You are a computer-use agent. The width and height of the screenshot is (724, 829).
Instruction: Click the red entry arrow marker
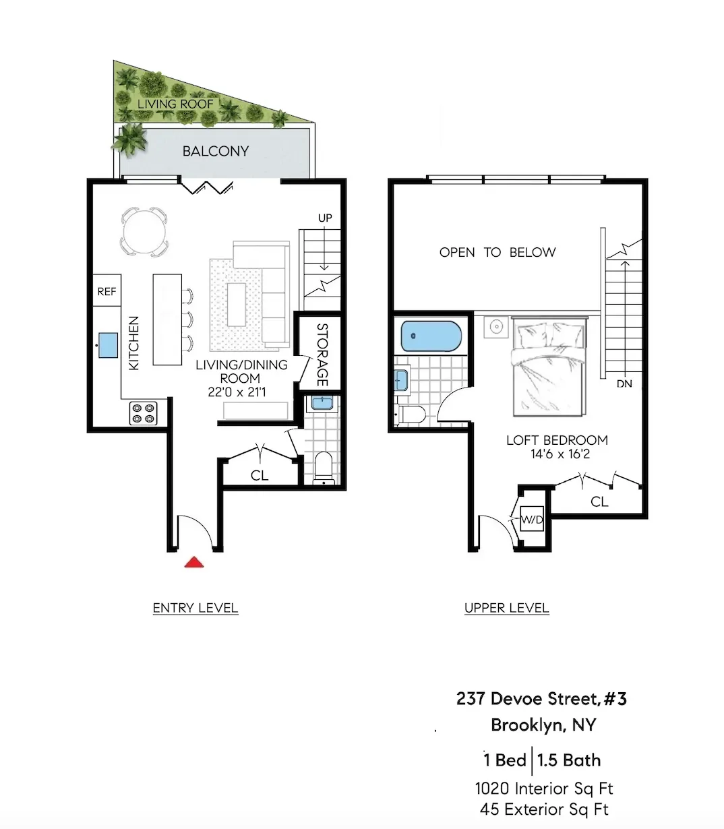pyautogui.click(x=194, y=562)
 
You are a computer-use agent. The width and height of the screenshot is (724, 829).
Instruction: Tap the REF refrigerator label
pyautogui.click(x=107, y=292)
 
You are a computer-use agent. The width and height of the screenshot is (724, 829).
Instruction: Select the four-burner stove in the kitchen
pyautogui.click(x=143, y=412)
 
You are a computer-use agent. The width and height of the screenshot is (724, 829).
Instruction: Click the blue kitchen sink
pyautogui.click(x=107, y=345)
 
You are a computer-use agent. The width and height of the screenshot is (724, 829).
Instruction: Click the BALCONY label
pyautogui.click(x=216, y=151)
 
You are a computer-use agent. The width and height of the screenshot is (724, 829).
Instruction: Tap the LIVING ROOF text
pyautogui.click(x=175, y=104)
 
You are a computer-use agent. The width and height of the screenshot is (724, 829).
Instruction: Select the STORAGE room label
pyautogui.click(x=322, y=355)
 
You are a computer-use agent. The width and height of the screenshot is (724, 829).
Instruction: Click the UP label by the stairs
pyautogui.click(x=325, y=218)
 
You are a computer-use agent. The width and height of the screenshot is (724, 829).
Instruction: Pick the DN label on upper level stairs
pyautogui.click(x=624, y=383)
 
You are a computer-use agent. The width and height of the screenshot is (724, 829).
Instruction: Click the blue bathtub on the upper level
pyautogui.click(x=431, y=336)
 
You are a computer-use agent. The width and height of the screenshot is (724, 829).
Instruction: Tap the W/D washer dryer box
pyautogui.click(x=532, y=520)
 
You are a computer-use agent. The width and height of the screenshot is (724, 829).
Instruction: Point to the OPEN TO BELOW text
pyautogui.click(x=497, y=252)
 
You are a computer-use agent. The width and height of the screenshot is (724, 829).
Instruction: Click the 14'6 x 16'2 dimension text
pyautogui.click(x=560, y=454)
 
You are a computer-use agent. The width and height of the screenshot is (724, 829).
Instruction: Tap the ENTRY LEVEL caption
pyautogui.click(x=195, y=608)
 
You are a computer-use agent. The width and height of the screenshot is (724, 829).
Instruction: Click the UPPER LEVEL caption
pyautogui.click(x=506, y=608)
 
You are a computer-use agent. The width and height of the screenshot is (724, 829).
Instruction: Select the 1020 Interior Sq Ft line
pyautogui.click(x=543, y=788)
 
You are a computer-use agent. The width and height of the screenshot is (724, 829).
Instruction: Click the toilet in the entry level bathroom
pyautogui.click(x=324, y=468)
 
